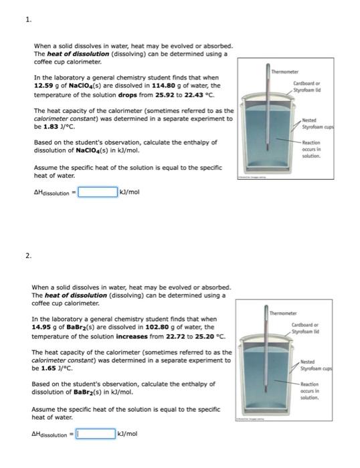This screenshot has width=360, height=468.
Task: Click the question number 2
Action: point(27,255)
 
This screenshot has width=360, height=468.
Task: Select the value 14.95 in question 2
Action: point(42,327)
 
